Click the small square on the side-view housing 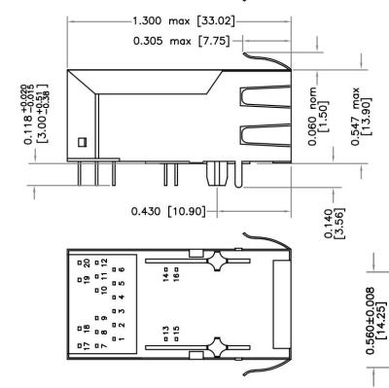pyautogui.click(x=83, y=142)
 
